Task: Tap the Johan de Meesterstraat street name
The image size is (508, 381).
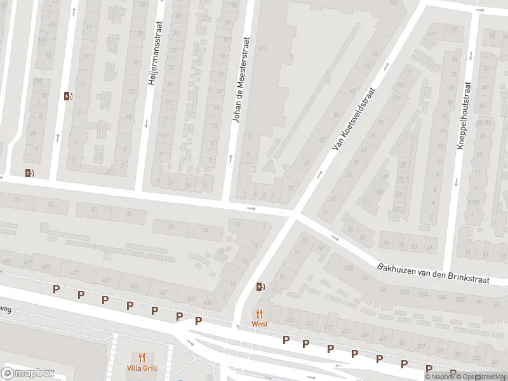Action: click(x=242, y=80)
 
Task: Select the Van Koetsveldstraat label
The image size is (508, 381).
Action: click(x=354, y=119)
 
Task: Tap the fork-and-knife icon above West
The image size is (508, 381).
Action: click(x=259, y=314)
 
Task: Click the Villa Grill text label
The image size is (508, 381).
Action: click(x=142, y=368)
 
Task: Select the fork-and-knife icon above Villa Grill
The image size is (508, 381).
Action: click(x=142, y=358)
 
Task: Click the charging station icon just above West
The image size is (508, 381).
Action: click(x=260, y=286)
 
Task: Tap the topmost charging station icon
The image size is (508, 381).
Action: click(x=68, y=97)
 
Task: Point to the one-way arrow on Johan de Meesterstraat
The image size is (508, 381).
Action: click(x=230, y=157)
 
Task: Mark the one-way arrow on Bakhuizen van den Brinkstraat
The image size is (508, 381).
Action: click(x=335, y=239)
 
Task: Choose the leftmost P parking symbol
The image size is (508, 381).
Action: click(x=56, y=289)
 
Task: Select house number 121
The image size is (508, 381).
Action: click(x=433, y=34)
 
